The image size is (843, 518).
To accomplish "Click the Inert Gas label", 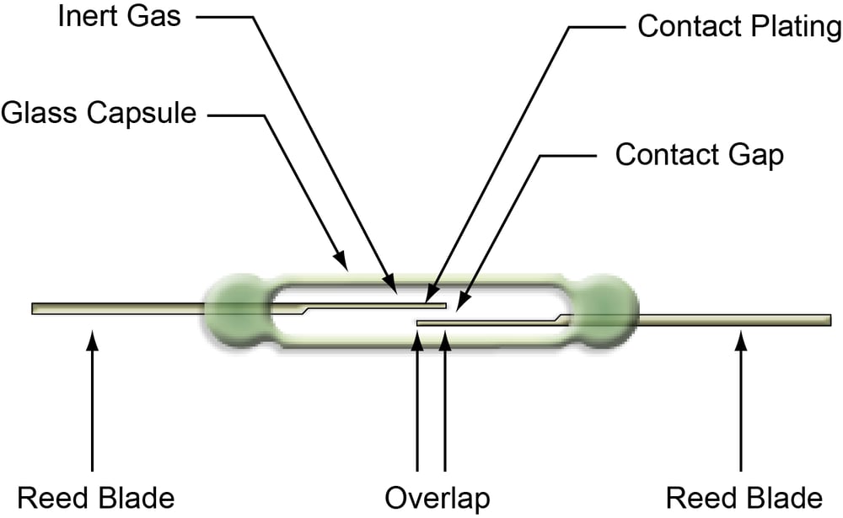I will click(x=118, y=17).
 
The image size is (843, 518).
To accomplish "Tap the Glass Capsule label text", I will click(x=99, y=114).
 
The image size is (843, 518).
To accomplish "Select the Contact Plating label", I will click(x=739, y=27).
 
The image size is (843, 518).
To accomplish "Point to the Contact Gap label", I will click(x=699, y=156).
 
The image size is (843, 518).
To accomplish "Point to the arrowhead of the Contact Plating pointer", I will click(x=430, y=296).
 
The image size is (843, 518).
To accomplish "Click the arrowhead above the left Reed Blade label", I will click(x=92, y=338).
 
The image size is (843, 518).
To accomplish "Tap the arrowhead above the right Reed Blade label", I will click(x=741, y=338).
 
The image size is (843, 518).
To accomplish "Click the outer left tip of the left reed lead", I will click(x=34, y=308).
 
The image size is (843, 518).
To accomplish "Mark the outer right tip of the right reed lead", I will click(x=830, y=319).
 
